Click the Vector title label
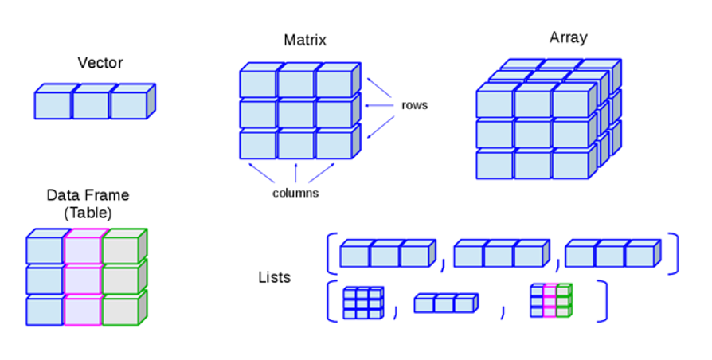100,62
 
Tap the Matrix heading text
305,40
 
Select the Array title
569,37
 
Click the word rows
414,105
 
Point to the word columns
295,193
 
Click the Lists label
274,278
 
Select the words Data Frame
88,195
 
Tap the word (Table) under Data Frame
88,213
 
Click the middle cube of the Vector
91,105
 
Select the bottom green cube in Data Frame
120,311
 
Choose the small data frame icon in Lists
550,301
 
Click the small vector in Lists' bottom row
445,303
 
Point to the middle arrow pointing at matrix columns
295,172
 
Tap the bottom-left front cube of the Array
495,164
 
